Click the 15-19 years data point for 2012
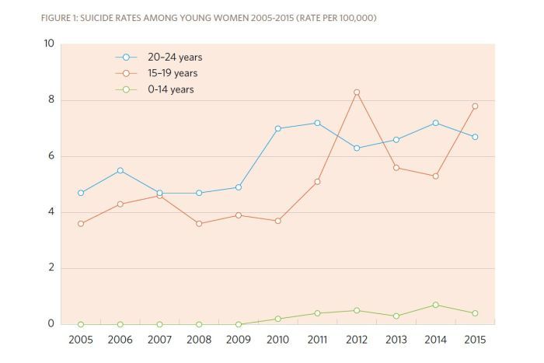[356, 92]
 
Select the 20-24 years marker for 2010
[277, 128]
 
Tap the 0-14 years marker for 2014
[435, 305]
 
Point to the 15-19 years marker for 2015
[475, 106]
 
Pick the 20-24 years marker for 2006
[120, 170]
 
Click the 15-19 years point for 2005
[80, 224]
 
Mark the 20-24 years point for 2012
[356, 148]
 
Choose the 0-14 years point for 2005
[80, 324]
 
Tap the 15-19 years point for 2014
[435, 176]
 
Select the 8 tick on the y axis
[51, 100]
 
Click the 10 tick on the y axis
[48, 44]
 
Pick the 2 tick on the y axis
[51, 268]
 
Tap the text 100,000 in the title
[354, 18]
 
